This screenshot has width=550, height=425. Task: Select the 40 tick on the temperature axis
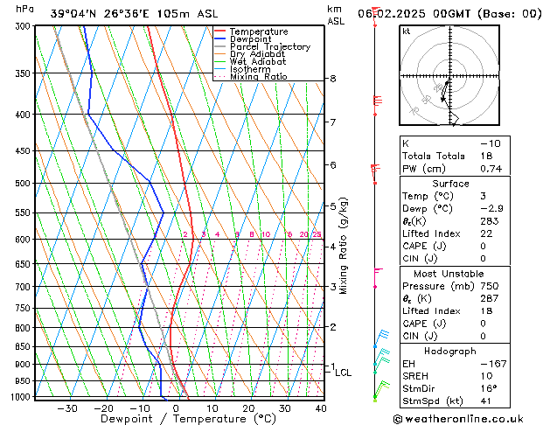coord(321,408)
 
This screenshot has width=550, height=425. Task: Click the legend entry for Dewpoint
coord(252,39)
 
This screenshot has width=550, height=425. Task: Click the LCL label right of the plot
coord(343,373)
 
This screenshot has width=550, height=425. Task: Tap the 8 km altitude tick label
coord(333,79)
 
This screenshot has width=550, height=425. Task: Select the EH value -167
coord(488,363)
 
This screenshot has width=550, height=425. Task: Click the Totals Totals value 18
coord(485,156)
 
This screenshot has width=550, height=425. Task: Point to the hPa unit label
coord(25,9)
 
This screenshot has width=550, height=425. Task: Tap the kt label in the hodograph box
coord(406,31)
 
